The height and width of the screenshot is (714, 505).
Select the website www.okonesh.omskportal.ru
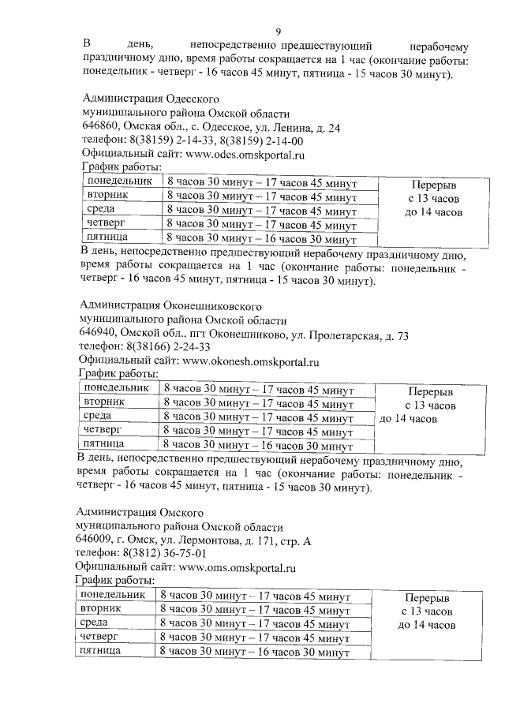click(x=250, y=362)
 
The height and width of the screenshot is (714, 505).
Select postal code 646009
click(x=93, y=540)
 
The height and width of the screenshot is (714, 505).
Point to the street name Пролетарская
click(x=335, y=335)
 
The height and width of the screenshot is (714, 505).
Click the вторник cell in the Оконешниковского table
click(x=103, y=402)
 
